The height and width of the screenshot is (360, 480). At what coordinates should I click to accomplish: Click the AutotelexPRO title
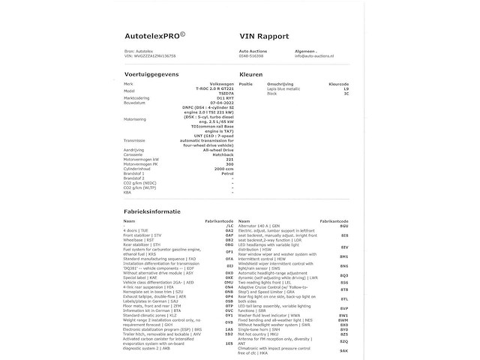[154, 35]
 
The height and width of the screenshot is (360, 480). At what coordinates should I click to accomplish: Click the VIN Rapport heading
[264, 35]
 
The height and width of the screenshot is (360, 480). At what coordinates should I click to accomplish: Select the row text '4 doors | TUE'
[136, 230]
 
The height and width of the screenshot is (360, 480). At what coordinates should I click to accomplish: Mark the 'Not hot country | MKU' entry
[257, 333]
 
